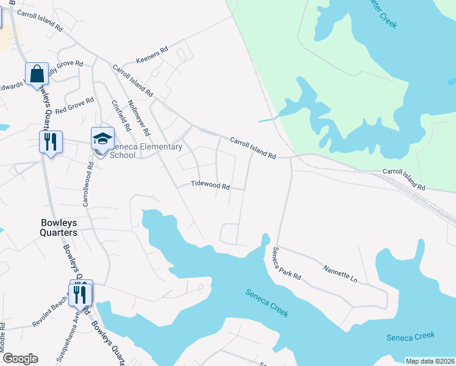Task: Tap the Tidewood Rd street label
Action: tap(210, 185)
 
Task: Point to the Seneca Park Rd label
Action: tap(287, 264)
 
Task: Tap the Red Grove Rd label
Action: tap(74, 106)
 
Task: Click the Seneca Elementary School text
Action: tap(146, 151)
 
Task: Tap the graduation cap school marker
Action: tap(102, 139)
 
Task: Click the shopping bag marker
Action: tap(37, 73)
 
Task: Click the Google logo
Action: tap(20, 359)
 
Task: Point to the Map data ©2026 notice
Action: tap(430, 361)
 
